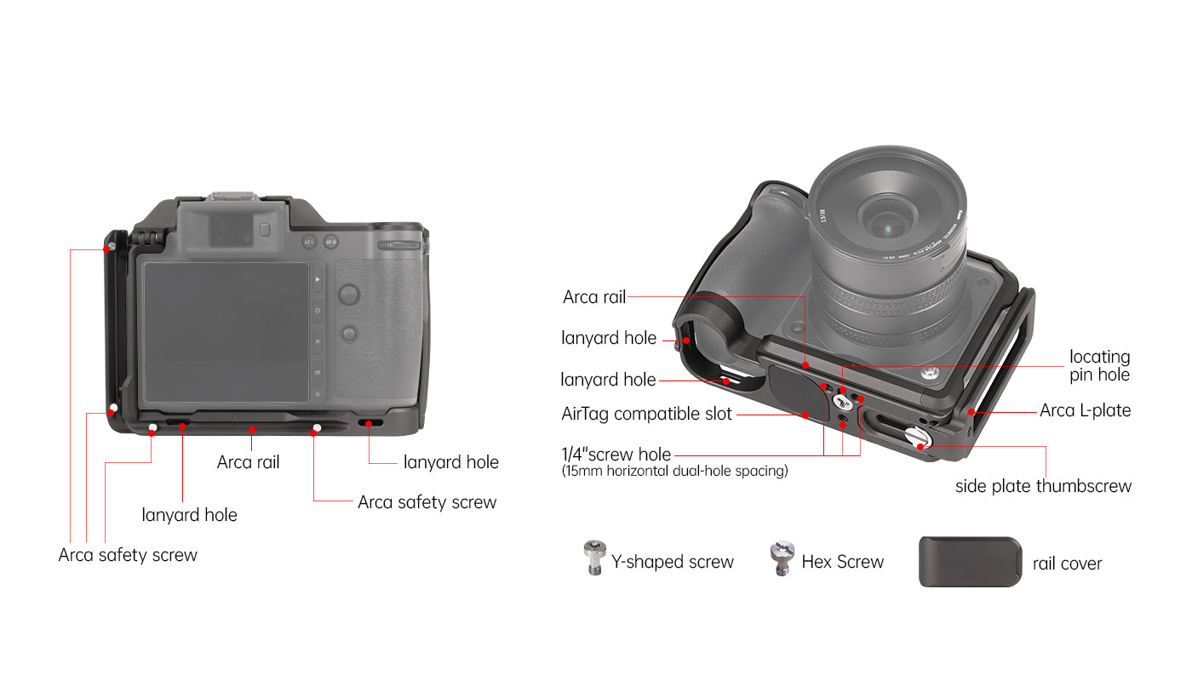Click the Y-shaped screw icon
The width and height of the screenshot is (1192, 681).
coord(594,558)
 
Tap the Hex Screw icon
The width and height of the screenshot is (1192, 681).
coord(782,558)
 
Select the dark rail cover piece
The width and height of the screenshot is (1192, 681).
coord(970,562)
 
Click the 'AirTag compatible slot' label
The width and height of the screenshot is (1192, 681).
coord(646,414)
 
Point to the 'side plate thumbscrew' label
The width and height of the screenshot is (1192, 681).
coord(1043,486)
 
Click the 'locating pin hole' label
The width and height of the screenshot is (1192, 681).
coord(1099,365)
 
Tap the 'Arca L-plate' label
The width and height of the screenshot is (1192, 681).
coord(1085,410)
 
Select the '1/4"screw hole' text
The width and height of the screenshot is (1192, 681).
coord(616,455)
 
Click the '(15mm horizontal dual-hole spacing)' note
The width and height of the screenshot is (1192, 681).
coord(674,471)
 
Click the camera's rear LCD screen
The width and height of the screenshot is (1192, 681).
coord(226,332)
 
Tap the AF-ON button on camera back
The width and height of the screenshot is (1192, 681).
coord(331,242)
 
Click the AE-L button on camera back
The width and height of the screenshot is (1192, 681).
coord(308,242)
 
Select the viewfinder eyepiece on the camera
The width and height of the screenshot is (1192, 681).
coord(232,229)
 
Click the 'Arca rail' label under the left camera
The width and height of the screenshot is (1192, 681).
coord(248,461)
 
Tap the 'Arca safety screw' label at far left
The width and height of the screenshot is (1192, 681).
coord(128,555)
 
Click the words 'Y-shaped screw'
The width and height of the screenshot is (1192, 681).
coord(672,562)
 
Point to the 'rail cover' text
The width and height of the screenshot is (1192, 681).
coord(1067,564)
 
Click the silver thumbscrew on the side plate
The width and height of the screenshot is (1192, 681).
coord(918,438)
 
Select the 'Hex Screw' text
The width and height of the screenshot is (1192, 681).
coord(842,562)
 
